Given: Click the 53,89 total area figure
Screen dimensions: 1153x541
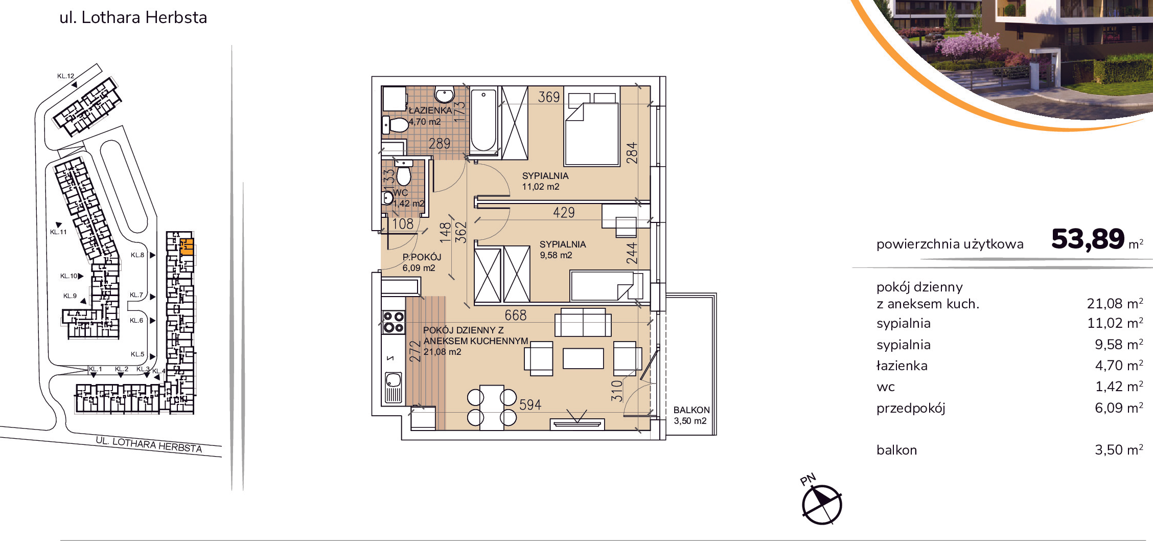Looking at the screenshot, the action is click(x=1088, y=239).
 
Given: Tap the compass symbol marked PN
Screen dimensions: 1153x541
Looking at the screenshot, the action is click(x=821, y=504).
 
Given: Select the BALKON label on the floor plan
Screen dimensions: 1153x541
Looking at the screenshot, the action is click(x=691, y=410).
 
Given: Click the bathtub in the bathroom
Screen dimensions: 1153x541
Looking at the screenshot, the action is click(x=483, y=121).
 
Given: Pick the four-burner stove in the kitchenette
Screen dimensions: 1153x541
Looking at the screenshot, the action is click(x=394, y=322).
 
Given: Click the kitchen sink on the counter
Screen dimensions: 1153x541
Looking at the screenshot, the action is click(x=394, y=388).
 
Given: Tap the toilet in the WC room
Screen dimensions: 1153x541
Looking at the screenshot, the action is click(x=404, y=173).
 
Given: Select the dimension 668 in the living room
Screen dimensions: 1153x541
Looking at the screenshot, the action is click(x=515, y=315).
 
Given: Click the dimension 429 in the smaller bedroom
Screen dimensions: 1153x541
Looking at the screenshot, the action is click(x=564, y=212).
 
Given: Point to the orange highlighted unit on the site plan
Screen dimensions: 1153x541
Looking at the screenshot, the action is click(x=187, y=246).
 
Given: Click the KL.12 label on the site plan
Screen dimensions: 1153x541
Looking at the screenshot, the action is click(x=65, y=76).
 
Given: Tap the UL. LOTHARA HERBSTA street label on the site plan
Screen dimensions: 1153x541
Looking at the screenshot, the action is click(x=149, y=444).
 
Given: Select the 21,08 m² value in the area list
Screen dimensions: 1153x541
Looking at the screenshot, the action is click(x=1115, y=303).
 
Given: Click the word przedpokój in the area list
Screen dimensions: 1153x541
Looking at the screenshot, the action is click(x=911, y=408).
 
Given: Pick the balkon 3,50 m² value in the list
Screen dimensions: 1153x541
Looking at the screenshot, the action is click(x=1119, y=450).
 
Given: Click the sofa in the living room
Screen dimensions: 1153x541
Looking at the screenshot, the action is click(x=583, y=322).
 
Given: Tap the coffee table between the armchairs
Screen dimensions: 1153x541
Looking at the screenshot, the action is click(x=583, y=358).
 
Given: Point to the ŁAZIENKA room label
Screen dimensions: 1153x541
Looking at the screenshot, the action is click(x=430, y=110).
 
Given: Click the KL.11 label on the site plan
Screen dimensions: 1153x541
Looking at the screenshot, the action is click(x=58, y=232).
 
